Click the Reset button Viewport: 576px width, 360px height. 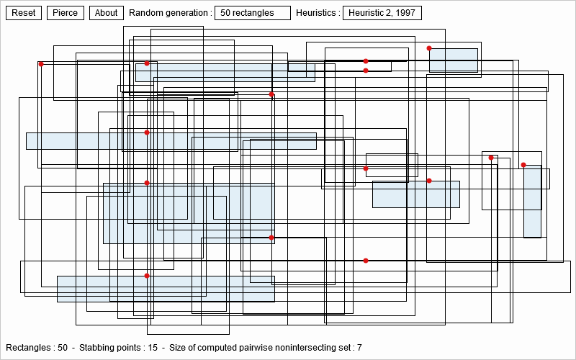(x=24, y=13)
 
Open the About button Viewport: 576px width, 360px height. (x=106, y=13)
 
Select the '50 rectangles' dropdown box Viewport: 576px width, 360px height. (x=253, y=13)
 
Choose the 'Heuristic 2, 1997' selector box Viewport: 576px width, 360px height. (x=382, y=13)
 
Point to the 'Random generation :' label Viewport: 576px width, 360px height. (x=171, y=13)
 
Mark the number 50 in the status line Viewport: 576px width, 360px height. (x=63, y=348)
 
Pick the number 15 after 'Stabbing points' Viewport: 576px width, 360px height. (x=153, y=348)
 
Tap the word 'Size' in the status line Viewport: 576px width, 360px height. (x=177, y=348)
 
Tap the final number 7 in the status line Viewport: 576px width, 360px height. (x=359, y=348)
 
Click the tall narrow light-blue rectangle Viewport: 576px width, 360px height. (x=533, y=202)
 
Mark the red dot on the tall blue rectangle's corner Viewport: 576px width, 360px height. (x=523, y=165)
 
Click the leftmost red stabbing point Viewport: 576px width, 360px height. (x=41, y=64)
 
